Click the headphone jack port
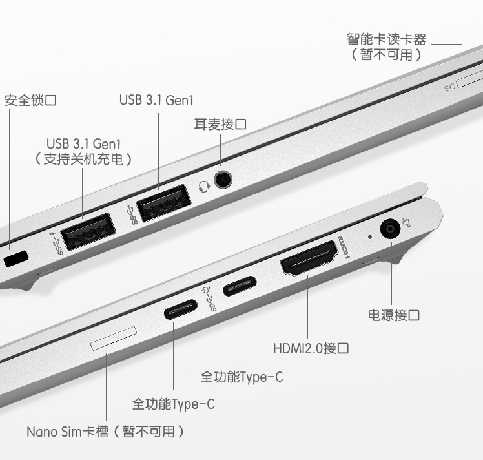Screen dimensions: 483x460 point(223,180)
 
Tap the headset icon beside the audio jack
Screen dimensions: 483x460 point(204,187)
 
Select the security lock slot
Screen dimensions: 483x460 point(16,259)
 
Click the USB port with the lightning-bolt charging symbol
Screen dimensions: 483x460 point(88,231)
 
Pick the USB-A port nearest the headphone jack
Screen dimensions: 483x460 point(163,202)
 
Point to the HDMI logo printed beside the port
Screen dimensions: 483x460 point(344,247)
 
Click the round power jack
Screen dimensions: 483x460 point(390,229)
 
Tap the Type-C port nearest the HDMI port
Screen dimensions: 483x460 point(240,286)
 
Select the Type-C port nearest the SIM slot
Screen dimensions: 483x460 point(181,309)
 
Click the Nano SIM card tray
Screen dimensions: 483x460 point(114,338)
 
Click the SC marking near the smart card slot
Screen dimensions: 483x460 point(449,87)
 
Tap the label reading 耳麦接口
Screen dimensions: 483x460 point(220,124)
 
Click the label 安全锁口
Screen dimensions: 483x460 point(30,100)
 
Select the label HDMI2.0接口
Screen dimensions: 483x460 point(311,348)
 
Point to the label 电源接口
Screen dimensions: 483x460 point(394,315)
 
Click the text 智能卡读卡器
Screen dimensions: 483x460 point(387,39)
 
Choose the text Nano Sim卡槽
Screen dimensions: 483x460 point(68,432)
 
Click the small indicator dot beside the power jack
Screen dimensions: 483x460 point(370,237)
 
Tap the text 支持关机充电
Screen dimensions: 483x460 point(83,159)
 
